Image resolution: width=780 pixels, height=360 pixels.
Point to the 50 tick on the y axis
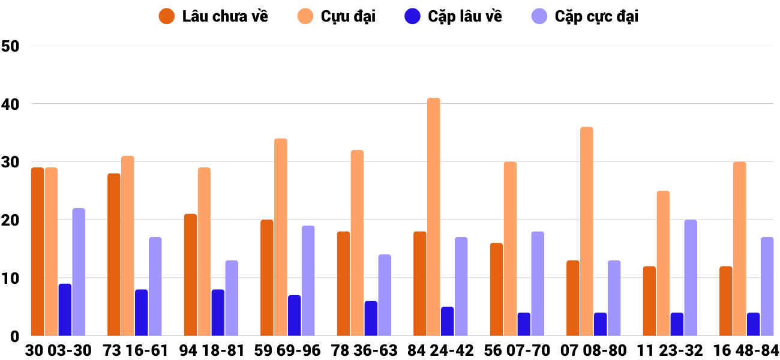tap(11, 46)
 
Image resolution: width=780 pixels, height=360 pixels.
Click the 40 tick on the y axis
tap(11, 104)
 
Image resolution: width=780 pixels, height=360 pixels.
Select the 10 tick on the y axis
tap(11, 278)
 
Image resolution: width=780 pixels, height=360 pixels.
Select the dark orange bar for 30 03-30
tap(37, 252)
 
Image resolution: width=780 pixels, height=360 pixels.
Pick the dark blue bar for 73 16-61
tap(141, 313)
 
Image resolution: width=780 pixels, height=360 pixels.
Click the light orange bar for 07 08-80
tap(586, 232)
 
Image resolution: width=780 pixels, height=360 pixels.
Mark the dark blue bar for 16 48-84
tap(753, 324)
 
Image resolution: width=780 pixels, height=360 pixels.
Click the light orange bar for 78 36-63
tap(357, 243)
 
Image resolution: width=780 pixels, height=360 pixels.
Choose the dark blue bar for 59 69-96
tap(294, 316)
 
